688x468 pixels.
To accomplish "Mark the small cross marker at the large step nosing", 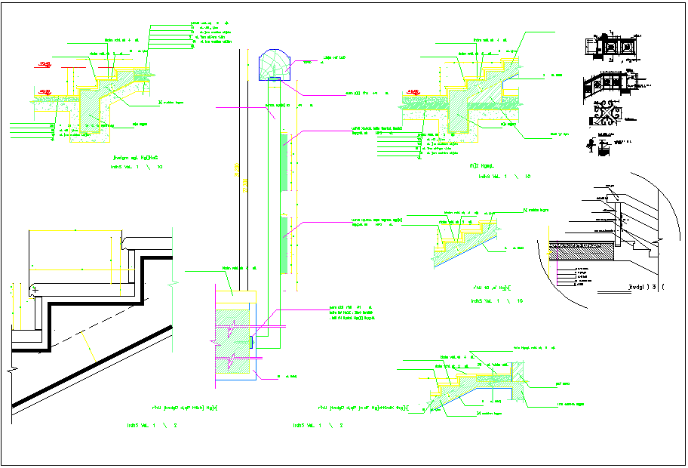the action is [x=35, y=289].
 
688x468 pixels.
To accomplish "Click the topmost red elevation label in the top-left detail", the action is [x=45, y=63].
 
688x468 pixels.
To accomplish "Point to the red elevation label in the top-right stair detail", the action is [x=413, y=91].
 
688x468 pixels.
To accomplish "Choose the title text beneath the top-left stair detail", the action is [x=136, y=159].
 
